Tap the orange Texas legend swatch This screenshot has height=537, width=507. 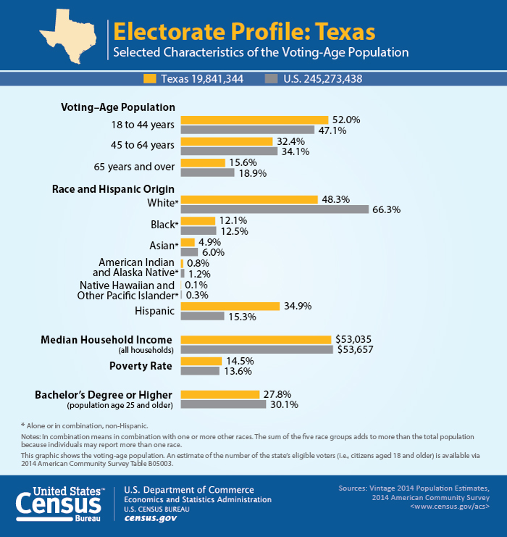150,78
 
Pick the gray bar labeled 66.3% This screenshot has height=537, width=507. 275,209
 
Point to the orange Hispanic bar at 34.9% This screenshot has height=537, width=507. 230,307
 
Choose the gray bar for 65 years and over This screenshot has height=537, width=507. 207,173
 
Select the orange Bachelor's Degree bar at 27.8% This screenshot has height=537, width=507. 219,394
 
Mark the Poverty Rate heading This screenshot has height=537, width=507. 141,365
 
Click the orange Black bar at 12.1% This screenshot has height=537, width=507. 198,220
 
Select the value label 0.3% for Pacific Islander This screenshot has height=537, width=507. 196,296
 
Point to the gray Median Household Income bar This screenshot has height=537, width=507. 256,349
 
